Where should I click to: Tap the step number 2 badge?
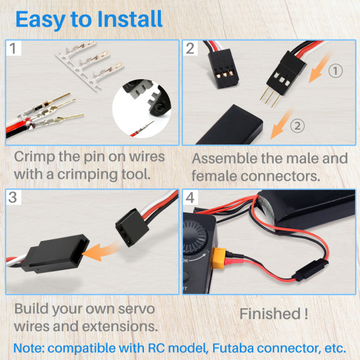pyautogui.click(x=191, y=49)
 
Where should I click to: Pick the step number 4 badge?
pyautogui.click(x=191, y=197)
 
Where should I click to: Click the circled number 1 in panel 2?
pyautogui.click(x=336, y=71)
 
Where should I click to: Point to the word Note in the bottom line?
pyautogui.click(x=30, y=347)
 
